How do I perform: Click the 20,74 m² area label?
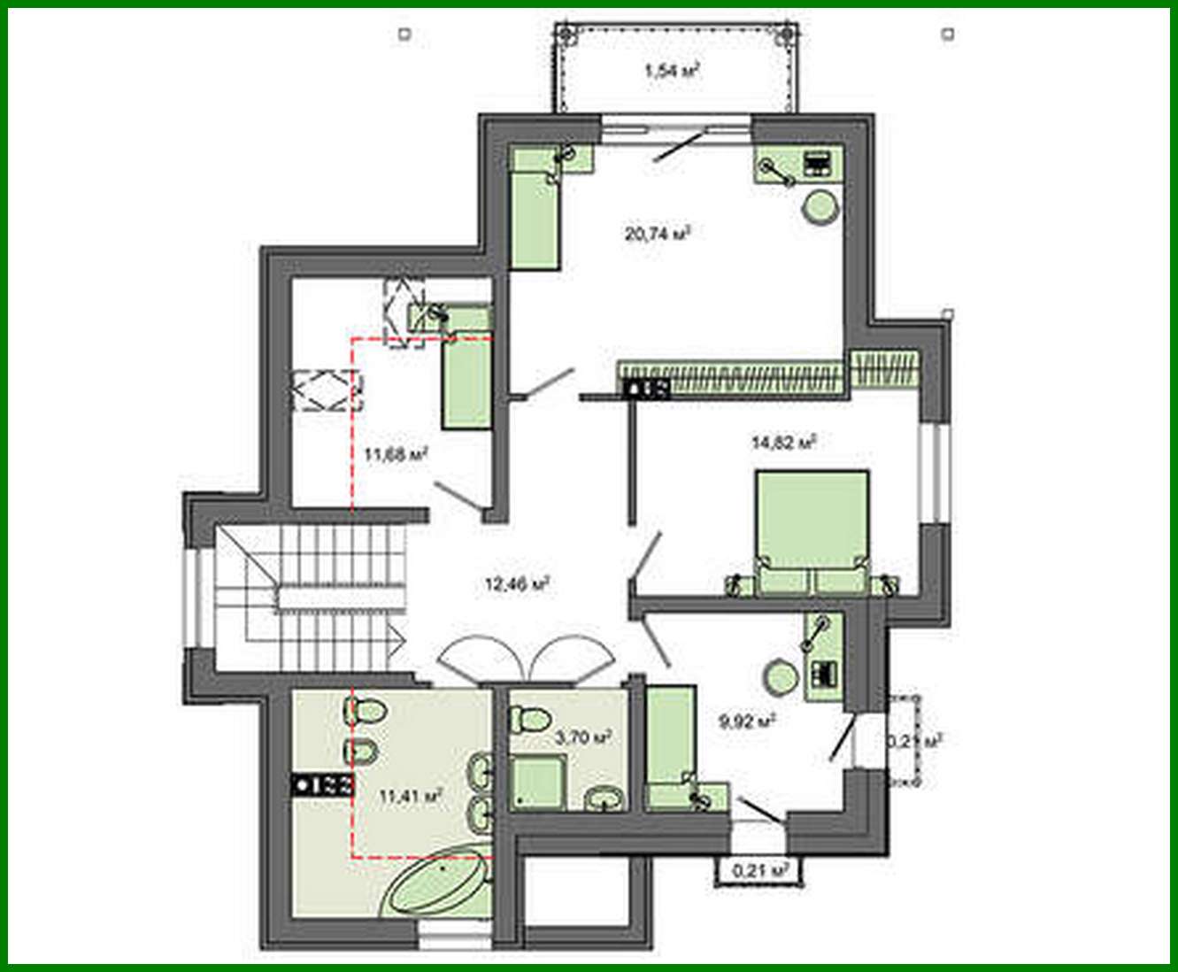[x=657, y=235]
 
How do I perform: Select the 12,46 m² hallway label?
[x=518, y=583]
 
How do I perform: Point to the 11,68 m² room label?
[x=397, y=455]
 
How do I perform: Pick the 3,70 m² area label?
[x=583, y=737]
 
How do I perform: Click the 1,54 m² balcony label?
[x=673, y=72]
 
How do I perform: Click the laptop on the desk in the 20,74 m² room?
[x=816, y=164]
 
